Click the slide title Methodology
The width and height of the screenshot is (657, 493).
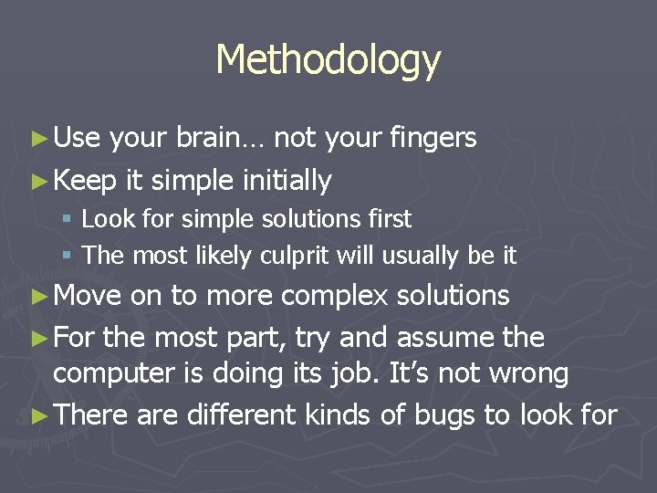328,60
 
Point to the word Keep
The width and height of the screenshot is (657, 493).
85,181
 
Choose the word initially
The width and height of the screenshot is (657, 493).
287,181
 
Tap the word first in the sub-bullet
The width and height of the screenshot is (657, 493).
388,219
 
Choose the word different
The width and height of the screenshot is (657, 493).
241,415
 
